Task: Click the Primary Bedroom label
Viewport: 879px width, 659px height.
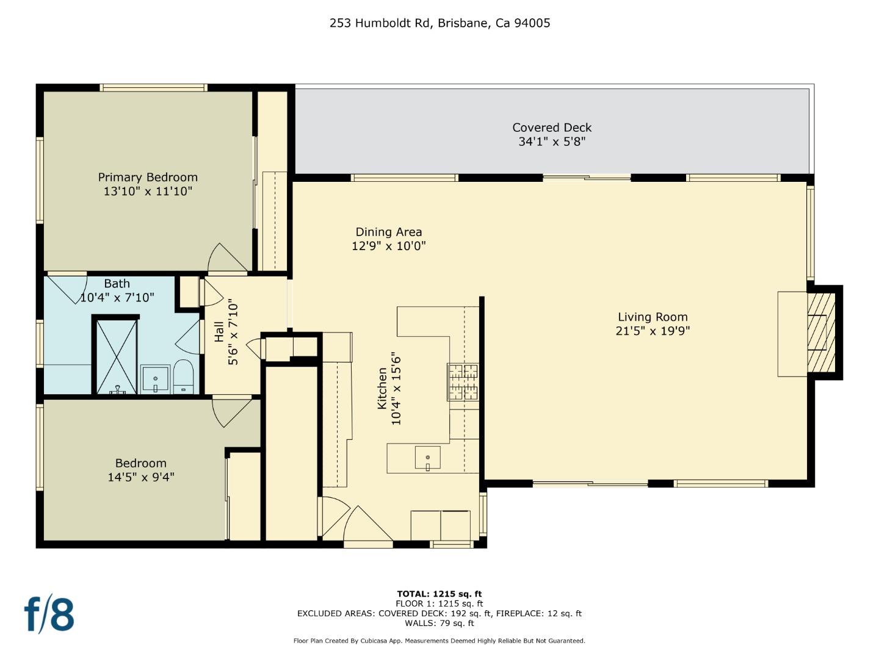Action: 148,177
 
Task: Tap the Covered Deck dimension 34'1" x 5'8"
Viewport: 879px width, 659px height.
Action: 552,142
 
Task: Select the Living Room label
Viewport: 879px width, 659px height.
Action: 653,317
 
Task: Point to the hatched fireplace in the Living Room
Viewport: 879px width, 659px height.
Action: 821,333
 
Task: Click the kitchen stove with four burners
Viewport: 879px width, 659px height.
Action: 463,381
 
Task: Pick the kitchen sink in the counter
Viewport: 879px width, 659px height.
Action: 428,458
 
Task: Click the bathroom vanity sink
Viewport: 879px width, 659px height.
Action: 155,380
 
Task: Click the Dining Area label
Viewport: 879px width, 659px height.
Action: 389,232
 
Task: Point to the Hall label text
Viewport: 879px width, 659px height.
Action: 219,333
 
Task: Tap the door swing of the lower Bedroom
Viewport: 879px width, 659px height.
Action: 230,411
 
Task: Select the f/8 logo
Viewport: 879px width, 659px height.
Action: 49,614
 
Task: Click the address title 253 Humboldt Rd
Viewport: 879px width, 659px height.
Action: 440,23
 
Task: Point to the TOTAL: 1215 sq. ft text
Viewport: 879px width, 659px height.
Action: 440,594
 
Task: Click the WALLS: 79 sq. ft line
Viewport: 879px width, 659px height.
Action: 440,623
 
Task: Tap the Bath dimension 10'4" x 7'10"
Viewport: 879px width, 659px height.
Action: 117,298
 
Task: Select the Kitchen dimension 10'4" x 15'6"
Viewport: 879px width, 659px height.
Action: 396,388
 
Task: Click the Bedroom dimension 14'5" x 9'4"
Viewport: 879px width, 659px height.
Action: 141,477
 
